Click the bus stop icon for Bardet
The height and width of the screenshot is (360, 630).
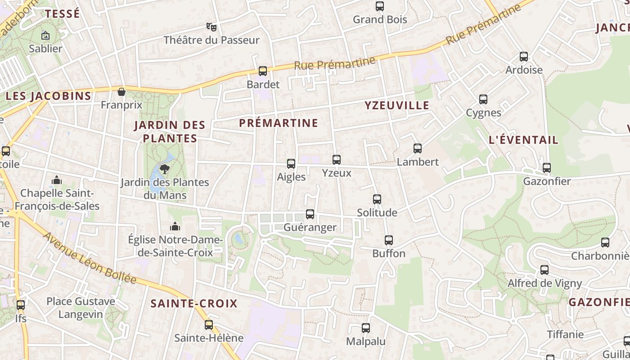coord(263,71)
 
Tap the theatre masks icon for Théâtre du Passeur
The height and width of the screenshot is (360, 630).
coord(211,27)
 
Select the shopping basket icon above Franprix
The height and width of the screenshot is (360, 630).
coord(121,92)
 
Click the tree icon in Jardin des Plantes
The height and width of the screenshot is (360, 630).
coord(165,169)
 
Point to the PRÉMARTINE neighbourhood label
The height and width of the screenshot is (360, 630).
coord(279,123)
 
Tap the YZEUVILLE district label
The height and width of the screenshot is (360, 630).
coord(397,106)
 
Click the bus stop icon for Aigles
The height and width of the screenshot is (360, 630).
coord(291,164)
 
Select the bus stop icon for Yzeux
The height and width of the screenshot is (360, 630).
coord(337,160)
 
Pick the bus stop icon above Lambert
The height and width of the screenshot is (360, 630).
coord(418,148)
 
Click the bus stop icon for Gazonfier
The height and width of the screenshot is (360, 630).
coord(547,168)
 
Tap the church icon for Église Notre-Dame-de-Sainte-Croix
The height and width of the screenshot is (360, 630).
coord(175,226)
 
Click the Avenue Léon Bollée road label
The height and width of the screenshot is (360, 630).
coord(90,258)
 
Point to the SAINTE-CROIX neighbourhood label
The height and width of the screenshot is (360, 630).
coord(194,303)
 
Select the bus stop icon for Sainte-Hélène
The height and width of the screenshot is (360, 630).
coord(209,324)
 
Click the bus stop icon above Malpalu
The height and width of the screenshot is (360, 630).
coord(366,328)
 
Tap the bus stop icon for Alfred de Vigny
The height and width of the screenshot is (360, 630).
coord(544,270)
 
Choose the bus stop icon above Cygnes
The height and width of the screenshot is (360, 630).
coord(483,99)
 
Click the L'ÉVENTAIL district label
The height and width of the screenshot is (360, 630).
coord(523,140)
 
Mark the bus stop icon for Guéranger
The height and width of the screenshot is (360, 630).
coord(310,214)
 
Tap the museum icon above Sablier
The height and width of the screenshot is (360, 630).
coord(45,35)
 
